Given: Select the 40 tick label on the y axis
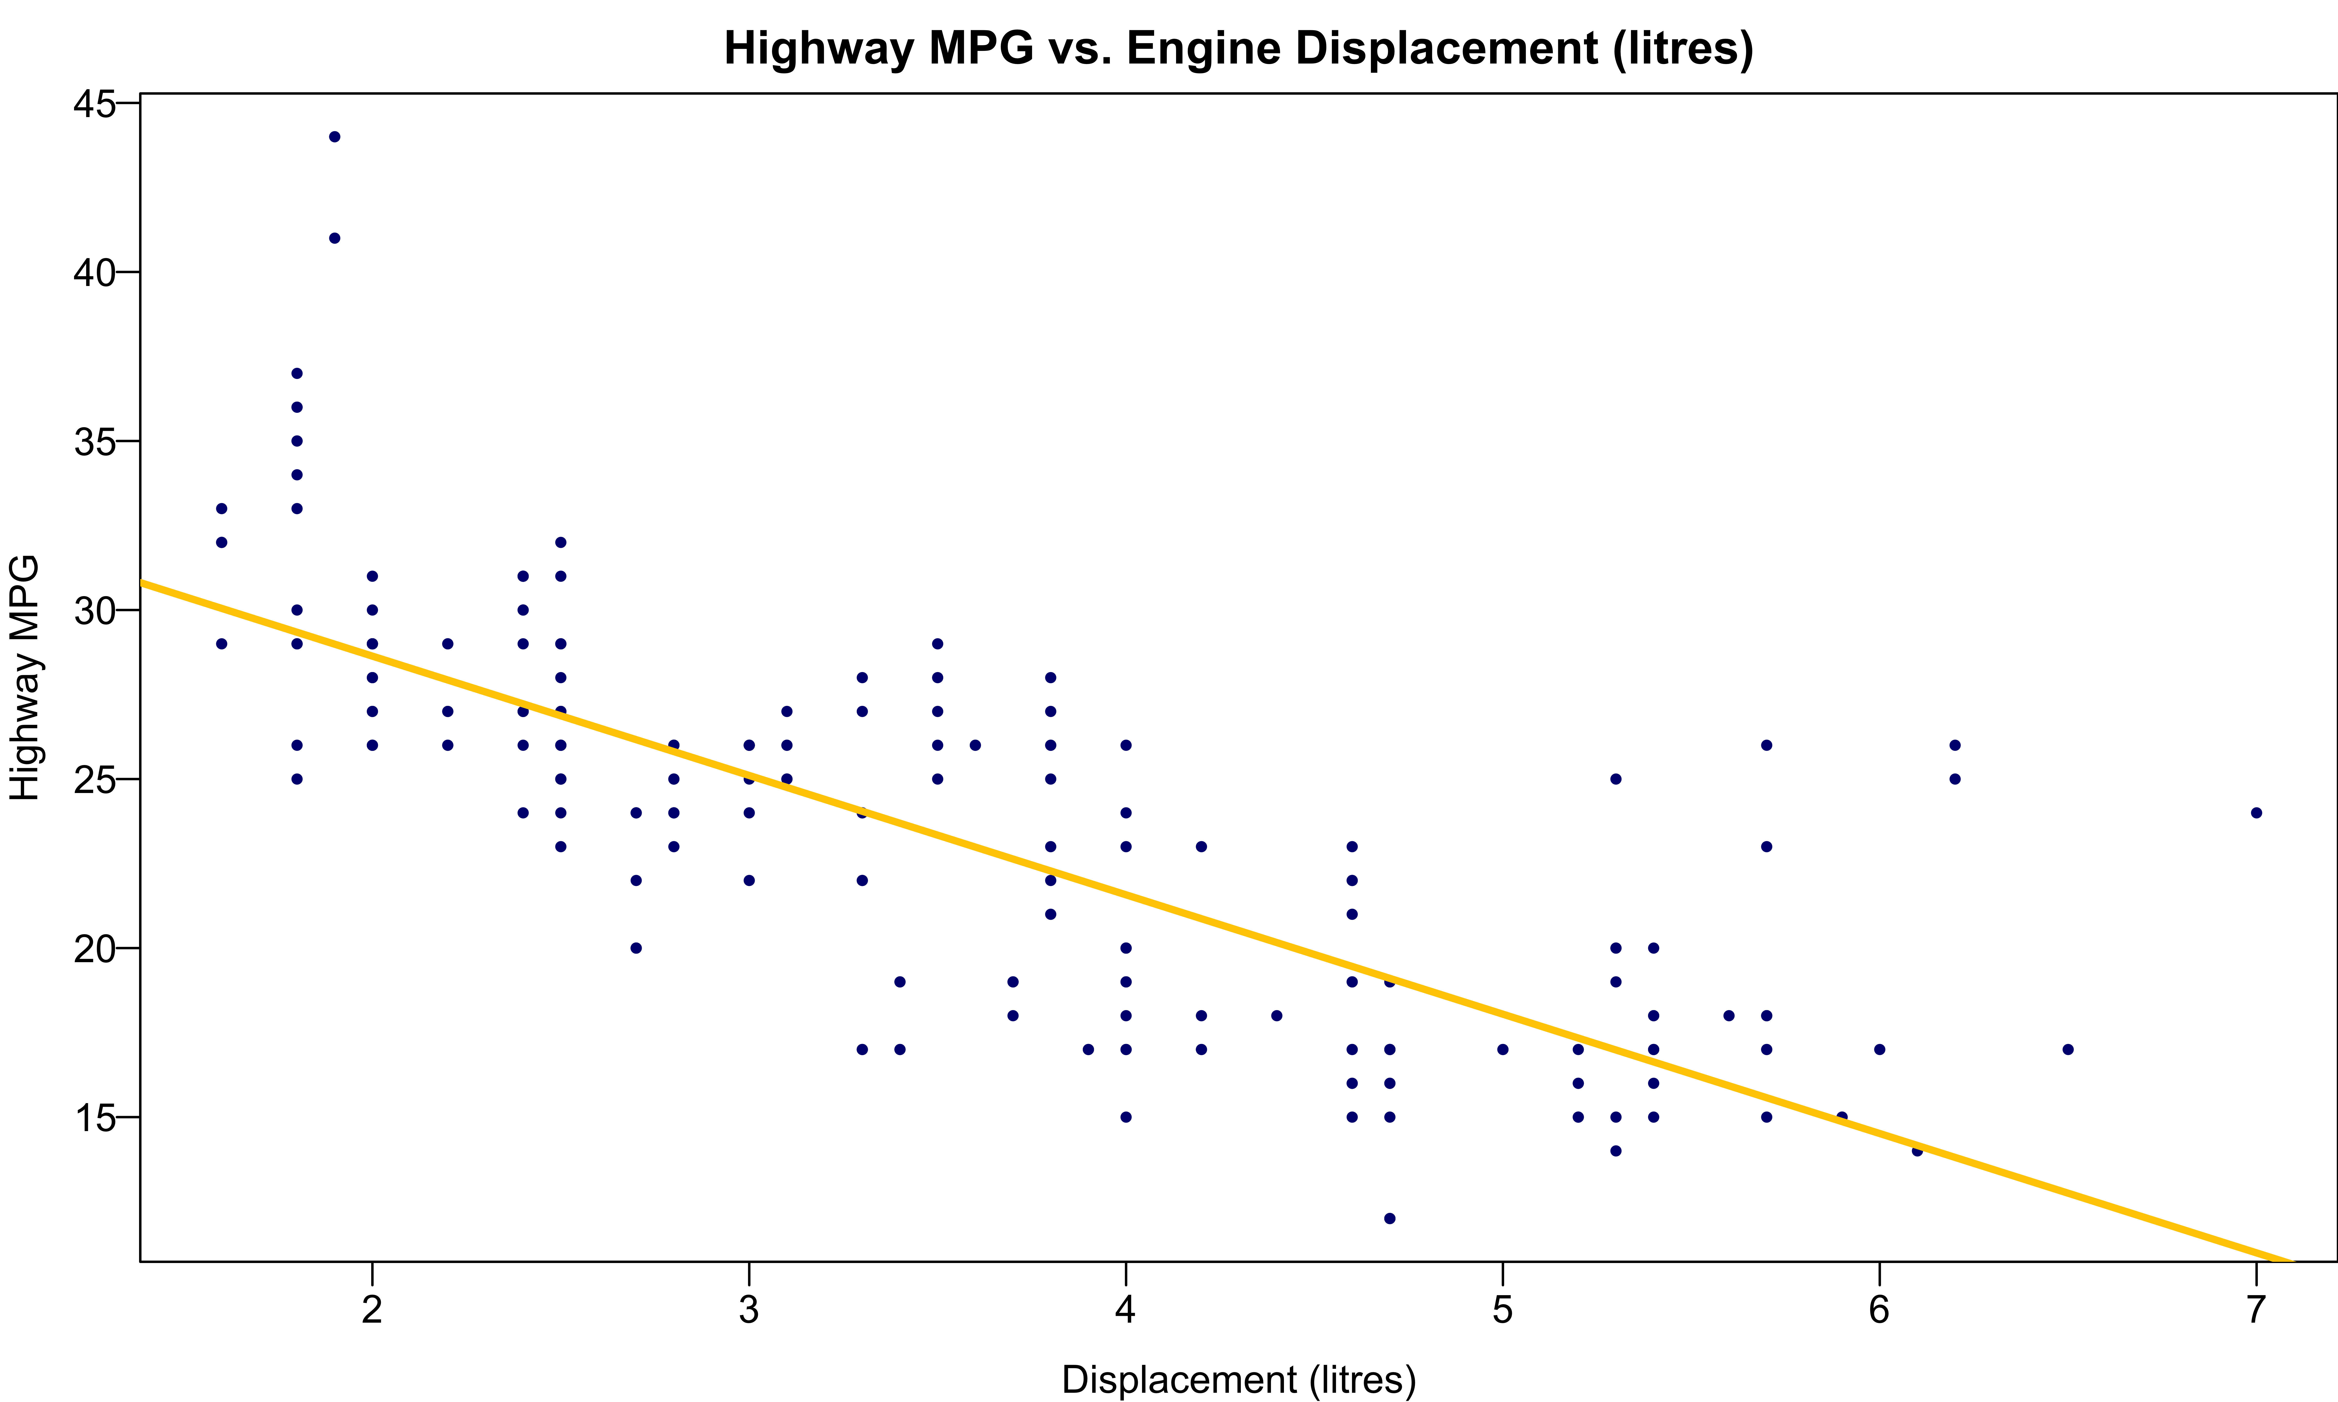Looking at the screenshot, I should tap(94, 272).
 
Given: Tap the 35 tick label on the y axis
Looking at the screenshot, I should tap(94, 441).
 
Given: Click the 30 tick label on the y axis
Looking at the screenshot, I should tap(94, 610).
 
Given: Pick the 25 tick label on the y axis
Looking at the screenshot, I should tap(94, 779).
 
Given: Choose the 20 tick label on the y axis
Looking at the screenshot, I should tap(94, 949).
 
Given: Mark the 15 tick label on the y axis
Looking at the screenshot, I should tap(94, 1118).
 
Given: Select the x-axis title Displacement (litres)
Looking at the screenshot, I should tap(1238, 1379).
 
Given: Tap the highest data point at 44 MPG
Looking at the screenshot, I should tap(335, 137).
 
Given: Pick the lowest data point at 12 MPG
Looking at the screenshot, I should tap(1389, 1219).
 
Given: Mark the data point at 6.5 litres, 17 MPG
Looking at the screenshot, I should tap(2068, 1050).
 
